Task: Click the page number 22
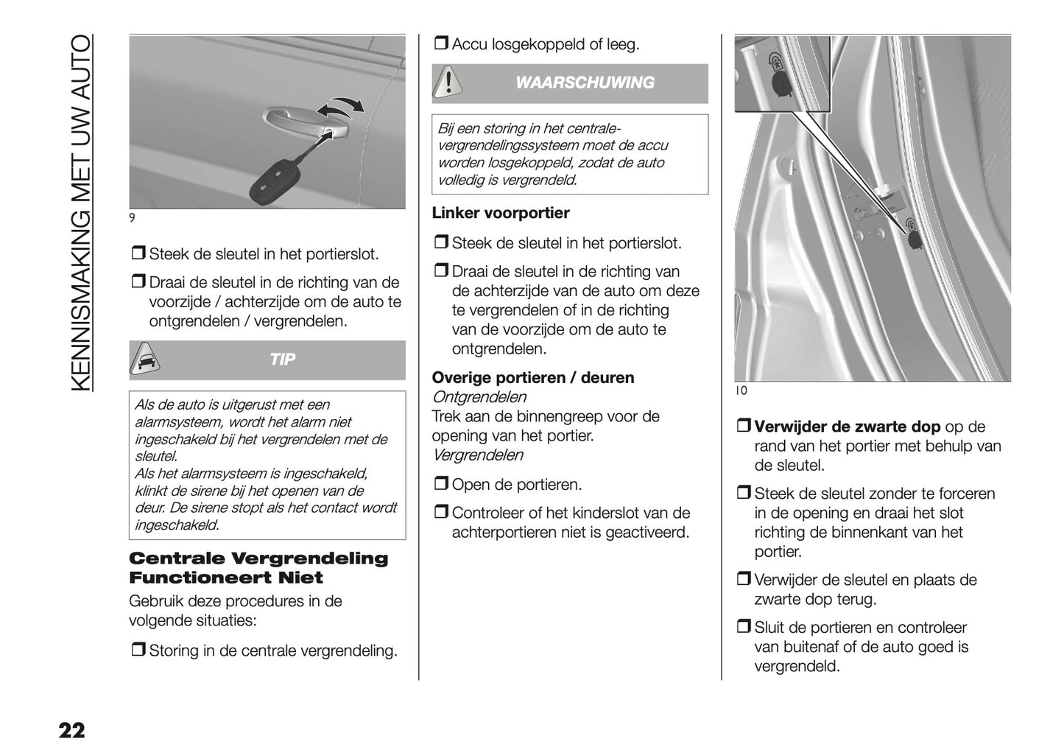(72, 731)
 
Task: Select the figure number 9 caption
(133, 218)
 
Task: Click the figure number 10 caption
(741, 391)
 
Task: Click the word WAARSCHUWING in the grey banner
(585, 83)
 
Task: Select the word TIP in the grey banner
(283, 360)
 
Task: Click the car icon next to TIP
(146, 360)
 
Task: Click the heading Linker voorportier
(501, 213)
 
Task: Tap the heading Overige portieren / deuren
(533, 378)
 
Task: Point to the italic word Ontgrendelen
(479, 397)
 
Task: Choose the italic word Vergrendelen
(478, 455)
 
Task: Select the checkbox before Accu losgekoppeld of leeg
(440, 45)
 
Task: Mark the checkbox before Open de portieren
(440, 485)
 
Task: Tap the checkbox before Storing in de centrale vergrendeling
(138, 651)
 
